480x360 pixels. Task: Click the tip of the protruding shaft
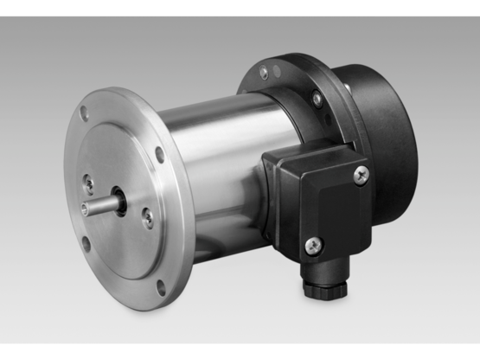point(84,206)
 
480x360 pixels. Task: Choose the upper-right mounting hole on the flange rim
point(160,156)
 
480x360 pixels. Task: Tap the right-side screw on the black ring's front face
point(317,100)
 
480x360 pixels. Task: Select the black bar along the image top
point(240,8)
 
